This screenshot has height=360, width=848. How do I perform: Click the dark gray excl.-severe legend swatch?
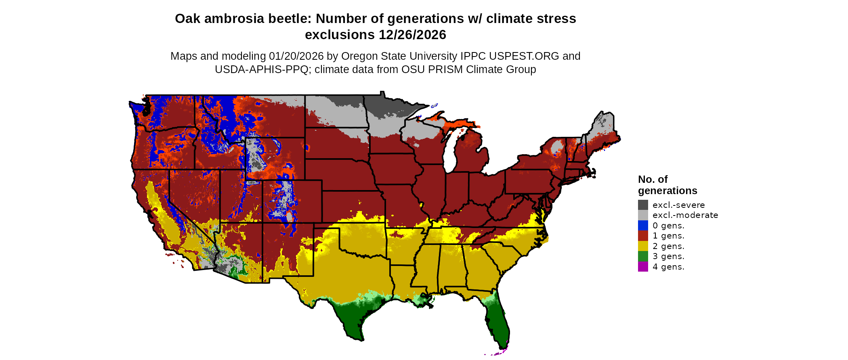click(x=643, y=205)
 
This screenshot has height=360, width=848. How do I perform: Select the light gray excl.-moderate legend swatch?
click(x=643, y=215)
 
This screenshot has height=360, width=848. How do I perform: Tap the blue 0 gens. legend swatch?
click(x=643, y=226)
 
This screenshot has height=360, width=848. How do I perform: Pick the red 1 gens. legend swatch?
click(x=643, y=236)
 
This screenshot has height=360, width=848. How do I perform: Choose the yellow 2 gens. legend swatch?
click(x=643, y=246)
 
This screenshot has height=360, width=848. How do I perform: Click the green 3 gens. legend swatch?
click(x=643, y=256)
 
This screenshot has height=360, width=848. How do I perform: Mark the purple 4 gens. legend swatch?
click(x=643, y=267)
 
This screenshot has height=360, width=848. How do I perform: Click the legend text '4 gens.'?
click(x=668, y=267)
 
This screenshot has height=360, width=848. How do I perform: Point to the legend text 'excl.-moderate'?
click(x=685, y=215)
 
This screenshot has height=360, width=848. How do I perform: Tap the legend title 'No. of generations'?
click(x=667, y=185)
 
